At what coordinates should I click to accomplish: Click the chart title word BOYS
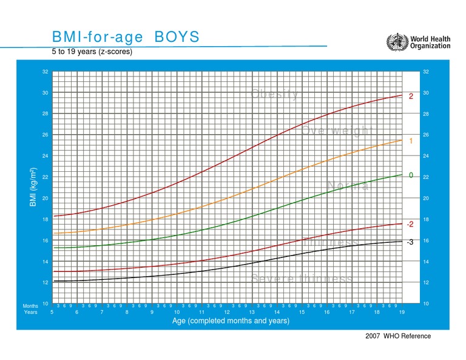coord(177,38)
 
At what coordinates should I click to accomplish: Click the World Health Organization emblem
coord(397,42)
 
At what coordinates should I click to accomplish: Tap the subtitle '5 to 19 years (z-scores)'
coord(92,52)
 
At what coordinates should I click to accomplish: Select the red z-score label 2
coord(411,97)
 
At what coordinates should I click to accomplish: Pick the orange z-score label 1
coord(411,141)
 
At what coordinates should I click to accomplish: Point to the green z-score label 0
coord(411,175)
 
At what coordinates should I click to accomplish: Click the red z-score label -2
coord(410,224)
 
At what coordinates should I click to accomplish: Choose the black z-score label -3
coord(410,242)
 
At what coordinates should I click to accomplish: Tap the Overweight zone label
coord(336,131)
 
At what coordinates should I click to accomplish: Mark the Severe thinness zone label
coord(302,278)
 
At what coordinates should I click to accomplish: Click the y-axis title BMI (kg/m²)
coord(34,188)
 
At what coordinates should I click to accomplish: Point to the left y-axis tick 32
coord(45,72)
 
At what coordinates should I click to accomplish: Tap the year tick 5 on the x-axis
coord(52,312)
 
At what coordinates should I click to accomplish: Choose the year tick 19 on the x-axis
coord(402,312)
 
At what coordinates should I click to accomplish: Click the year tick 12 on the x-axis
coord(227,312)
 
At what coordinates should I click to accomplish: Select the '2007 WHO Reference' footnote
coord(398,336)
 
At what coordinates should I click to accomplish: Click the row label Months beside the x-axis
coord(30,306)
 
